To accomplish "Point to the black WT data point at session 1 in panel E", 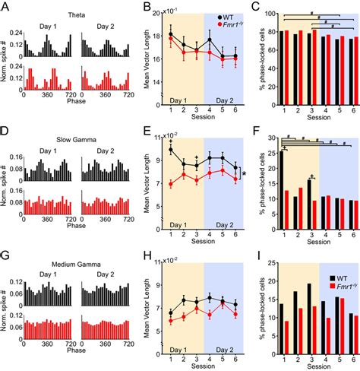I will [x=171, y=150].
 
